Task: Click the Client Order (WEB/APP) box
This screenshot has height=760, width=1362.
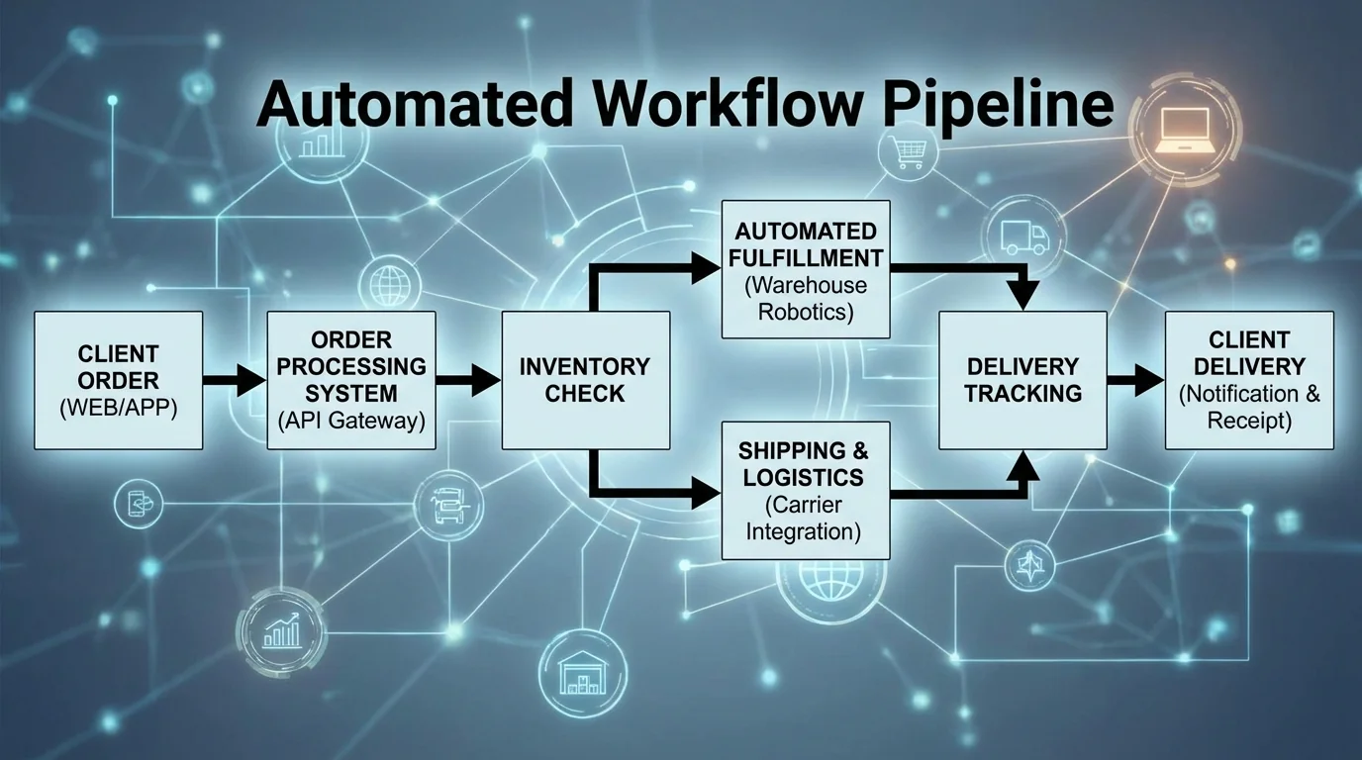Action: (118, 380)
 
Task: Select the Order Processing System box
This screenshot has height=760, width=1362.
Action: (350, 380)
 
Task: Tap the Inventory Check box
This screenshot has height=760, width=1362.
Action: (585, 380)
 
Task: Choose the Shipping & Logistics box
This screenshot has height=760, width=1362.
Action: (805, 490)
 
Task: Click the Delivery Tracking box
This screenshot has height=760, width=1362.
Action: (1022, 380)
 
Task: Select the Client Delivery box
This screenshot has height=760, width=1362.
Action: (1249, 380)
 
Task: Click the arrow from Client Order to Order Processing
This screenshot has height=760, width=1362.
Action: (235, 380)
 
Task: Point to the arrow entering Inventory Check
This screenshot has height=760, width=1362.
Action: (468, 380)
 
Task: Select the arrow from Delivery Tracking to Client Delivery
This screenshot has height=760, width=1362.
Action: (1135, 380)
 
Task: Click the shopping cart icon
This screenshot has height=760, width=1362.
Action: (904, 154)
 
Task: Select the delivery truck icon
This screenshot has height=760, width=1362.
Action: (1023, 237)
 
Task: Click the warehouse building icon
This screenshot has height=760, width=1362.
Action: (581, 673)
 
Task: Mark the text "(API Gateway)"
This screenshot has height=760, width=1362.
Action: (350, 420)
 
